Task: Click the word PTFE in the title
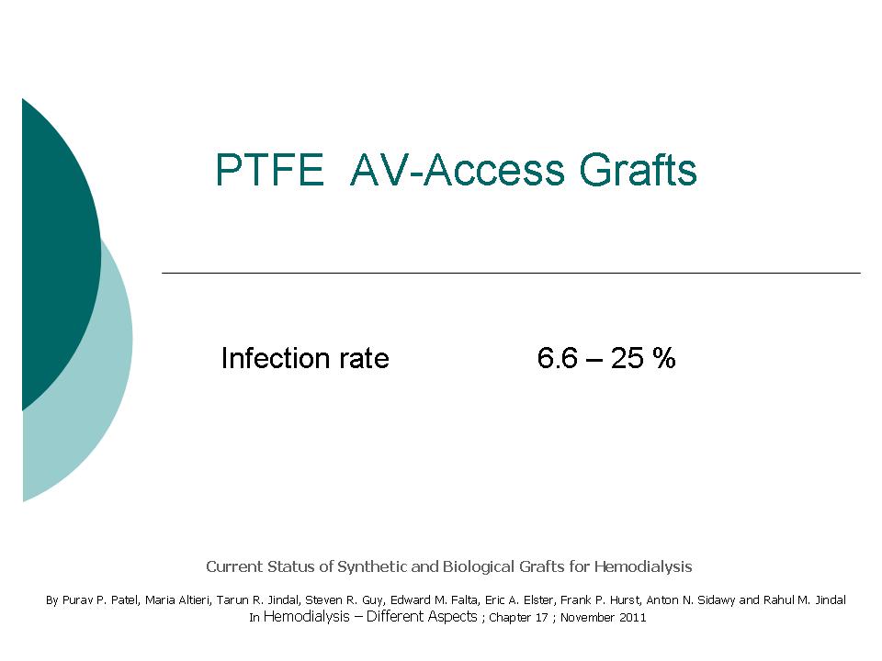tap(270, 169)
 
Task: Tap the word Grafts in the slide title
tap(639, 169)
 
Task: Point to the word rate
tap(364, 359)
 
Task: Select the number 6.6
tap(557, 358)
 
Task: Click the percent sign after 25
tap(663, 358)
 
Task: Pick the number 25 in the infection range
tap(628, 358)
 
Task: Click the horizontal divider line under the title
tap(512, 274)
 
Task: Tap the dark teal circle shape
tap(56, 253)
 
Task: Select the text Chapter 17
tap(518, 617)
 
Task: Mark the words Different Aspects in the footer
tap(422, 617)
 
